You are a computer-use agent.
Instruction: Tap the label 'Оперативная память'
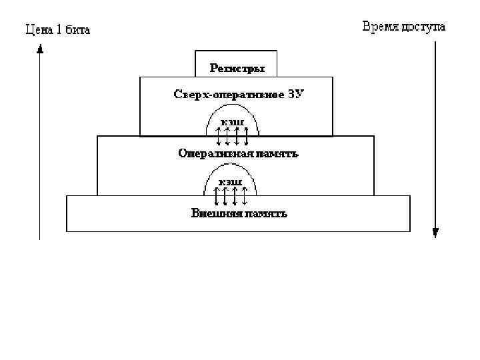click(x=238, y=153)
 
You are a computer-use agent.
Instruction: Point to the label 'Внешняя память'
click(x=239, y=213)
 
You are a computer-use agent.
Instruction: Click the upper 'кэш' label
click(x=232, y=121)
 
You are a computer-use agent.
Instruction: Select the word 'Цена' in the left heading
click(x=39, y=29)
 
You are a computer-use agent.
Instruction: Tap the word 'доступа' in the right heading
click(x=424, y=27)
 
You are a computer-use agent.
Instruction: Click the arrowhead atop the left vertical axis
click(x=40, y=48)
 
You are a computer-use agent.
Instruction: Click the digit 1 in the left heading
click(x=59, y=29)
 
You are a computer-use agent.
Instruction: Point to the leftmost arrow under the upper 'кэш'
click(x=218, y=135)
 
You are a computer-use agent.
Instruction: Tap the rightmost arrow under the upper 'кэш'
click(x=246, y=135)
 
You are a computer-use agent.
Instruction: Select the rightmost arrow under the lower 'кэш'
click(x=245, y=197)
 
